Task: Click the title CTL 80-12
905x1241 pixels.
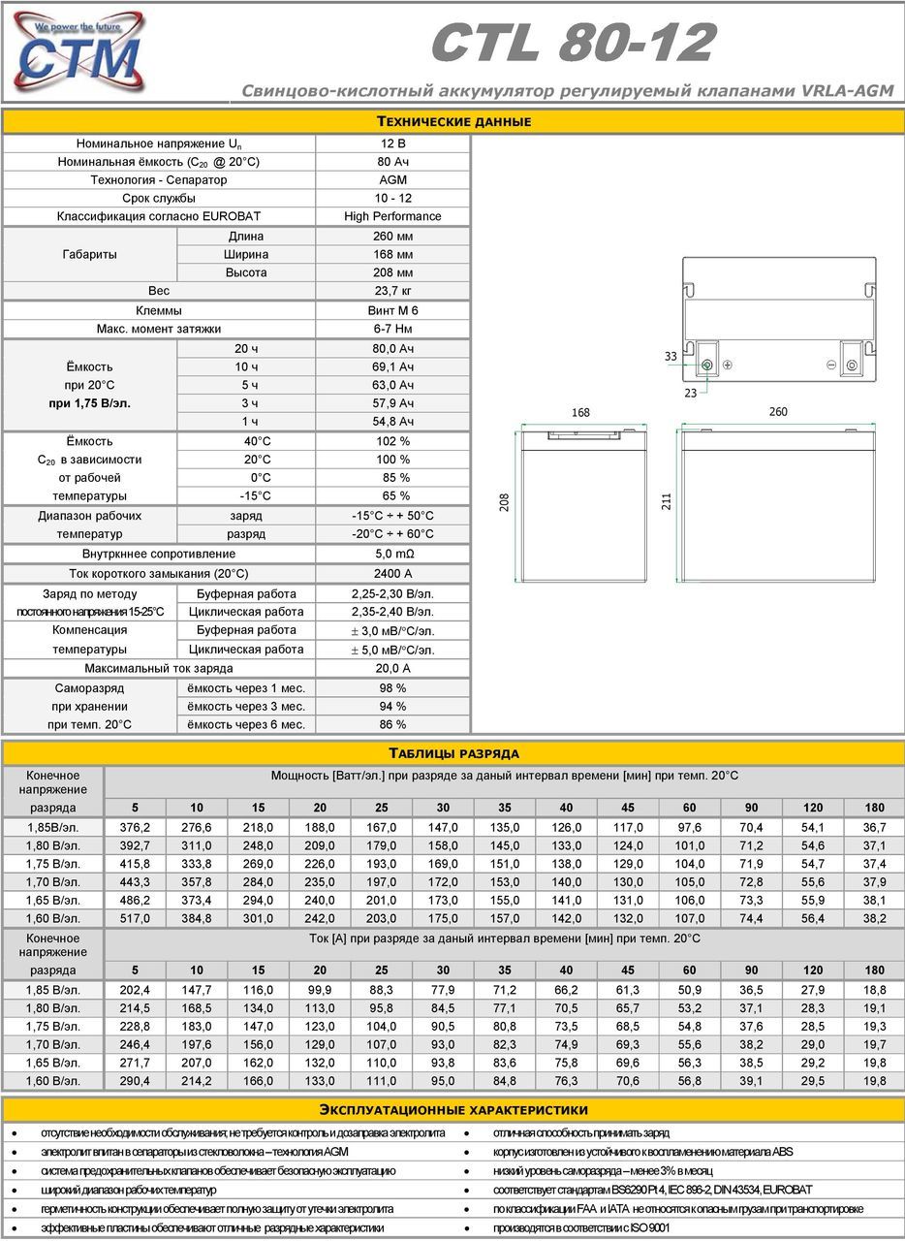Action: (574, 44)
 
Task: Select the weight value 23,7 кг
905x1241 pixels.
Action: (392, 291)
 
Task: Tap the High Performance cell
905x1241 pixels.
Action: (392, 216)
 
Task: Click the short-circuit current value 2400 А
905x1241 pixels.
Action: (392, 573)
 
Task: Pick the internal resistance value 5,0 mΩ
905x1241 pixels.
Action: (392, 554)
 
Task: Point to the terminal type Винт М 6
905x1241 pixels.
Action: (392, 310)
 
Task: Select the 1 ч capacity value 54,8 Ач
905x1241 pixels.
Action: (392, 421)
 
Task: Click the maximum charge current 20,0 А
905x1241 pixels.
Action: (392, 668)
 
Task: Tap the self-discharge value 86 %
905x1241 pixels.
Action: (392, 724)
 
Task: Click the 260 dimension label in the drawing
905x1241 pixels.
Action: (778, 412)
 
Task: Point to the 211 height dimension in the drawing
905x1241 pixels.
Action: (666, 501)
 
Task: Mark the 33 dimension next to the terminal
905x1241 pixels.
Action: (671, 357)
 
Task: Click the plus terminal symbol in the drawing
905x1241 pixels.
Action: (728, 365)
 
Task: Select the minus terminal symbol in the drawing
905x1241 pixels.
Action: (831, 365)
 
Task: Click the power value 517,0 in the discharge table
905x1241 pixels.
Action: (135, 918)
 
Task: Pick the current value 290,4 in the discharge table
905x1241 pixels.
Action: (135, 1080)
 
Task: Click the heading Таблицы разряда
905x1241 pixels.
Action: (453, 753)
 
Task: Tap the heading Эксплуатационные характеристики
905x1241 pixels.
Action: (453, 1110)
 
